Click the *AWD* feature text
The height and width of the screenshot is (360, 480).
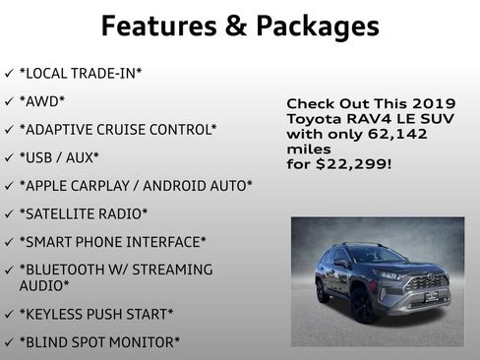tap(41, 100)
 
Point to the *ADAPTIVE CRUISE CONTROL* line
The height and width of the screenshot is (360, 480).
tap(117, 129)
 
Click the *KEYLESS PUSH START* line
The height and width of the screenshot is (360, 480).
tap(95, 314)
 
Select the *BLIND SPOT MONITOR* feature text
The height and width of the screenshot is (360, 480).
tap(99, 342)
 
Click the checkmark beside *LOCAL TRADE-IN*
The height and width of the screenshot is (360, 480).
tap(9, 73)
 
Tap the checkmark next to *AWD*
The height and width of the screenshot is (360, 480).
tap(9, 100)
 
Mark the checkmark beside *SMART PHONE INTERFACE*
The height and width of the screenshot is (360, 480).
tap(9, 241)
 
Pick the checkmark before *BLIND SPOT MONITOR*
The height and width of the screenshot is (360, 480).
tap(9, 342)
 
